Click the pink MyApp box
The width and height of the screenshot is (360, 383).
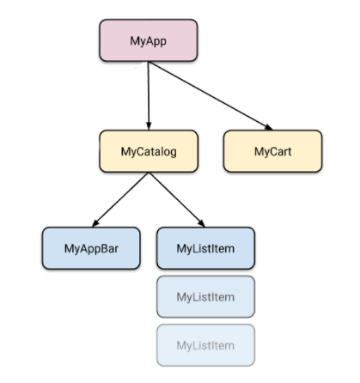tap(149, 40)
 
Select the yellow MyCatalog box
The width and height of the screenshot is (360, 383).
tap(149, 151)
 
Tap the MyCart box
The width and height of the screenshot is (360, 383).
tap(272, 151)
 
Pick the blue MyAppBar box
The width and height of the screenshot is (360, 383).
tap(91, 248)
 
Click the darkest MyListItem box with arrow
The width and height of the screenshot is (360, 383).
tap(205, 248)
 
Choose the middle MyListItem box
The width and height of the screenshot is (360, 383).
tap(205, 296)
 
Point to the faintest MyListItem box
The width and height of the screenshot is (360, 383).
tap(205, 345)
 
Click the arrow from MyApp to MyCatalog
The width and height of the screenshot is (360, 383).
tap(149, 96)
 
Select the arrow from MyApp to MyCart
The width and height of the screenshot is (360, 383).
tap(211, 96)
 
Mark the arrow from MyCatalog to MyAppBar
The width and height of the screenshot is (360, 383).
tap(120, 199)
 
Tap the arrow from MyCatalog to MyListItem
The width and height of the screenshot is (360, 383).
tap(177, 199)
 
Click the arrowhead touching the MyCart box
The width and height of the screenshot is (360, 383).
tap(269, 127)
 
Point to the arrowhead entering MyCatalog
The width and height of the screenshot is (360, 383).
tap(149, 126)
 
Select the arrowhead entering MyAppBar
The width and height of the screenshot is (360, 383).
tap(95, 223)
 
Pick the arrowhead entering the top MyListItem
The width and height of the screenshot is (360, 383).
tap(202, 223)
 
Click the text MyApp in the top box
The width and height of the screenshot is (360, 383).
tap(148, 41)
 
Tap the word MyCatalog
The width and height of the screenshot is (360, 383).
tap(149, 152)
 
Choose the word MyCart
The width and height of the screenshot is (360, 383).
tap(272, 151)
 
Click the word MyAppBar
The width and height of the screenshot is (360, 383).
tap(91, 249)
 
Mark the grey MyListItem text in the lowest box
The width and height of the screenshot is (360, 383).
tap(205, 345)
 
